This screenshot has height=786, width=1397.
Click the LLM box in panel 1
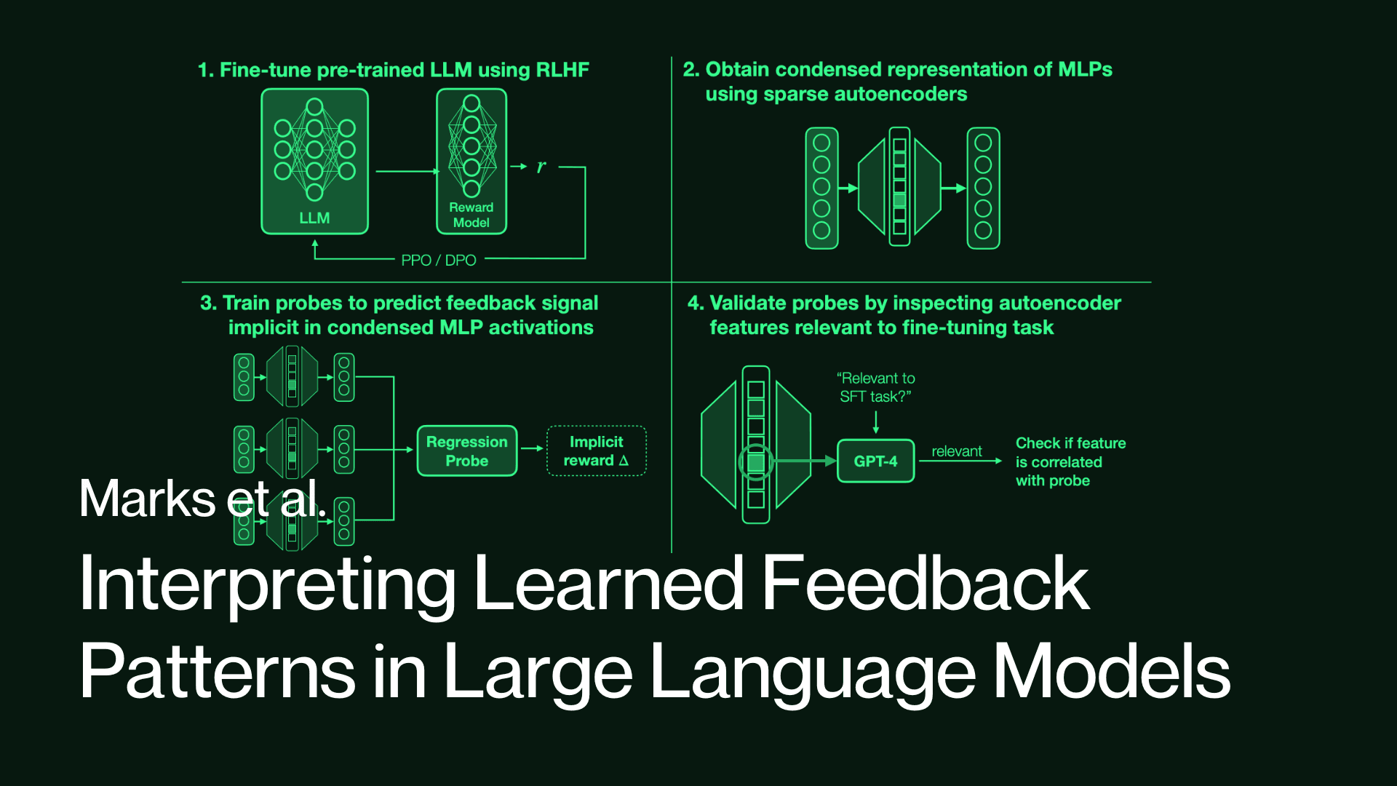point(314,162)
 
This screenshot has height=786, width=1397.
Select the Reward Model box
point(471,162)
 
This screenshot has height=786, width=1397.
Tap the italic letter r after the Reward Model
point(541,167)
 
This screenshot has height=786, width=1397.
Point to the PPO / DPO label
point(439,261)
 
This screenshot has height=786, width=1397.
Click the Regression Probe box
point(467,451)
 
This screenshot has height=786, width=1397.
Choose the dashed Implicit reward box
point(596,451)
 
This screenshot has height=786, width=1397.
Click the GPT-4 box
point(875,461)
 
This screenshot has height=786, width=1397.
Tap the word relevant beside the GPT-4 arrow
point(957,451)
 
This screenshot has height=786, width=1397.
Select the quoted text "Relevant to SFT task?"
point(875,387)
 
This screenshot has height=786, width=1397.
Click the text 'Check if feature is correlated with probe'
point(1070,461)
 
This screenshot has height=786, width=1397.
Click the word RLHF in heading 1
point(562,70)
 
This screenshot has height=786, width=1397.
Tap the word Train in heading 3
point(247,303)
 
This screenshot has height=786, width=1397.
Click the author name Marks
point(147,499)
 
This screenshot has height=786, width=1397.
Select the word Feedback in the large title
point(925,584)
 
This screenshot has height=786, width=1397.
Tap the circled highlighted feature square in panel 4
point(756,462)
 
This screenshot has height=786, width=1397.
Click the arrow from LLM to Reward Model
point(407,172)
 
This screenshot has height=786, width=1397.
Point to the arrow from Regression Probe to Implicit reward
point(533,448)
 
